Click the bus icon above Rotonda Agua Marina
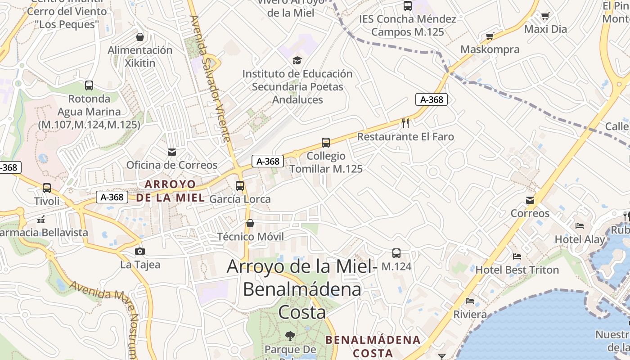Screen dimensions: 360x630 tap(89, 85)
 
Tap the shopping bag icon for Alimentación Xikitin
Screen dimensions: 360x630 tap(140, 37)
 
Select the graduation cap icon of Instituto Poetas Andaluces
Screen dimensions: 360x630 tap(297, 60)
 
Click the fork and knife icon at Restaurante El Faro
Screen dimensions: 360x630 tap(405, 123)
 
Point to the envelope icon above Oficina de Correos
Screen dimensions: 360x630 tap(171, 152)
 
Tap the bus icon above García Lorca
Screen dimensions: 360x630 tap(240, 185)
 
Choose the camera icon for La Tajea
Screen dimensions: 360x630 tap(140, 251)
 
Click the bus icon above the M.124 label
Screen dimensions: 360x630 tap(396, 253)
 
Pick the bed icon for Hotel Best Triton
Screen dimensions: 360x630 tap(517, 256)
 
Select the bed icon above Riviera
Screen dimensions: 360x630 tap(470, 301)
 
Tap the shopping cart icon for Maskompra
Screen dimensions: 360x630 tap(490, 36)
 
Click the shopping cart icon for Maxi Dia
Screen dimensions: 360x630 tap(545, 16)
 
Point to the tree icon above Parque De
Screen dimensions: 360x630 tap(290, 336)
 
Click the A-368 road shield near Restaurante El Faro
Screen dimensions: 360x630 tap(431, 99)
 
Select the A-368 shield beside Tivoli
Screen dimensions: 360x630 tap(112, 197)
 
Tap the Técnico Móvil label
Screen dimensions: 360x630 tap(250, 237)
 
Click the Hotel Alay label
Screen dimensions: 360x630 tap(580, 239)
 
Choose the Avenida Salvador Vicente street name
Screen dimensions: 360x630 tap(211, 79)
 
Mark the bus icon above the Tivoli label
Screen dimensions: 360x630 tap(47, 188)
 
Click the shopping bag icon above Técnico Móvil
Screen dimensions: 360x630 tap(250, 223)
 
